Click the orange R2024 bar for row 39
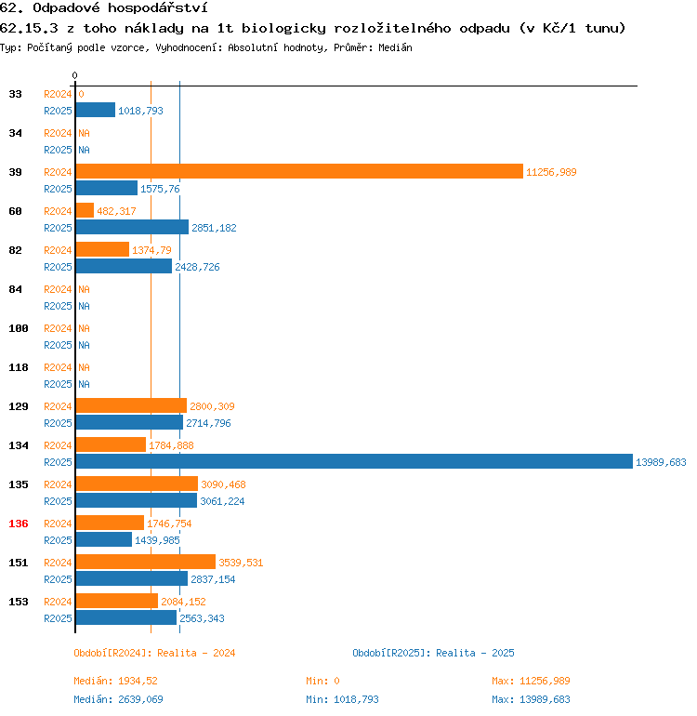click(298, 172)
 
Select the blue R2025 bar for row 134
click(353, 462)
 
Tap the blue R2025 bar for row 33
click(95, 111)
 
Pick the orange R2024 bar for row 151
click(145, 563)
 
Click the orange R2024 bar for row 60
click(85, 211)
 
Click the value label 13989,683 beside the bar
click(661, 462)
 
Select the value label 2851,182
click(214, 228)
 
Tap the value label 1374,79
click(151, 250)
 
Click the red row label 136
click(19, 524)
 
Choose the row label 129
click(19, 406)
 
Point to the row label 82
click(16, 250)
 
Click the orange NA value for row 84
click(84, 289)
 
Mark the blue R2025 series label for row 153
click(58, 618)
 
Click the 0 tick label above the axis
click(75, 75)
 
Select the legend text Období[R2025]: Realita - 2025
click(433, 653)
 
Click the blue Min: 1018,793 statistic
click(342, 699)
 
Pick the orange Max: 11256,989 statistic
click(531, 681)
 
